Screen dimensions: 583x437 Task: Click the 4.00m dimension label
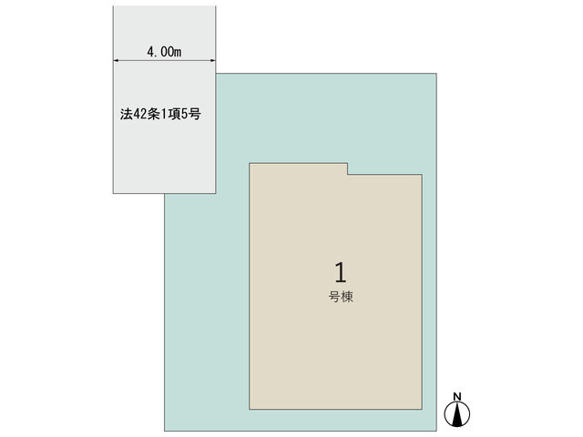pyautogui.click(x=164, y=52)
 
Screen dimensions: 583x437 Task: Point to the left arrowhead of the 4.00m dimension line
pyautogui.click(x=116, y=60)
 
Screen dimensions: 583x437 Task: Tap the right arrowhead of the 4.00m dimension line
pyautogui.click(x=213, y=60)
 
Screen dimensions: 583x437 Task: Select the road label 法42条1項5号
pyautogui.click(x=160, y=114)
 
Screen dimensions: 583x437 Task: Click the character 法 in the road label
pyautogui.click(x=126, y=114)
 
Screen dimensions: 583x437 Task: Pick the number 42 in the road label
pyautogui.click(x=139, y=114)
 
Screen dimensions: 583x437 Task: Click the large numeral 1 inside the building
pyautogui.click(x=341, y=272)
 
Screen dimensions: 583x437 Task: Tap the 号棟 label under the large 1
pyautogui.click(x=341, y=297)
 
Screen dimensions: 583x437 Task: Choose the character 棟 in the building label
pyautogui.click(x=347, y=297)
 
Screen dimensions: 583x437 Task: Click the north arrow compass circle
pyautogui.click(x=457, y=413)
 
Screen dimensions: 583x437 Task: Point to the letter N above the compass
pyautogui.click(x=457, y=397)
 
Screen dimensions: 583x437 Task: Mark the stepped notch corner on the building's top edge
pyautogui.click(x=348, y=174)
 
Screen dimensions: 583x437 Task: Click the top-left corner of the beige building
pyautogui.click(x=250, y=163)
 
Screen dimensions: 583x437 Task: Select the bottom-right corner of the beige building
pyautogui.click(x=422, y=409)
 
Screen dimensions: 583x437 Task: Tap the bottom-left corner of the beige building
pyautogui.click(x=250, y=409)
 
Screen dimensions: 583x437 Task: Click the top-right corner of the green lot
pyautogui.click(x=436, y=74)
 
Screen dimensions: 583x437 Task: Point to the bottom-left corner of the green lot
pyautogui.click(x=165, y=431)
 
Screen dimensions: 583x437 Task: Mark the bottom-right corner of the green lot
pyautogui.click(x=436, y=431)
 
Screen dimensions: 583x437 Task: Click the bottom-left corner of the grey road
pyautogui.click(x=113, y=193)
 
